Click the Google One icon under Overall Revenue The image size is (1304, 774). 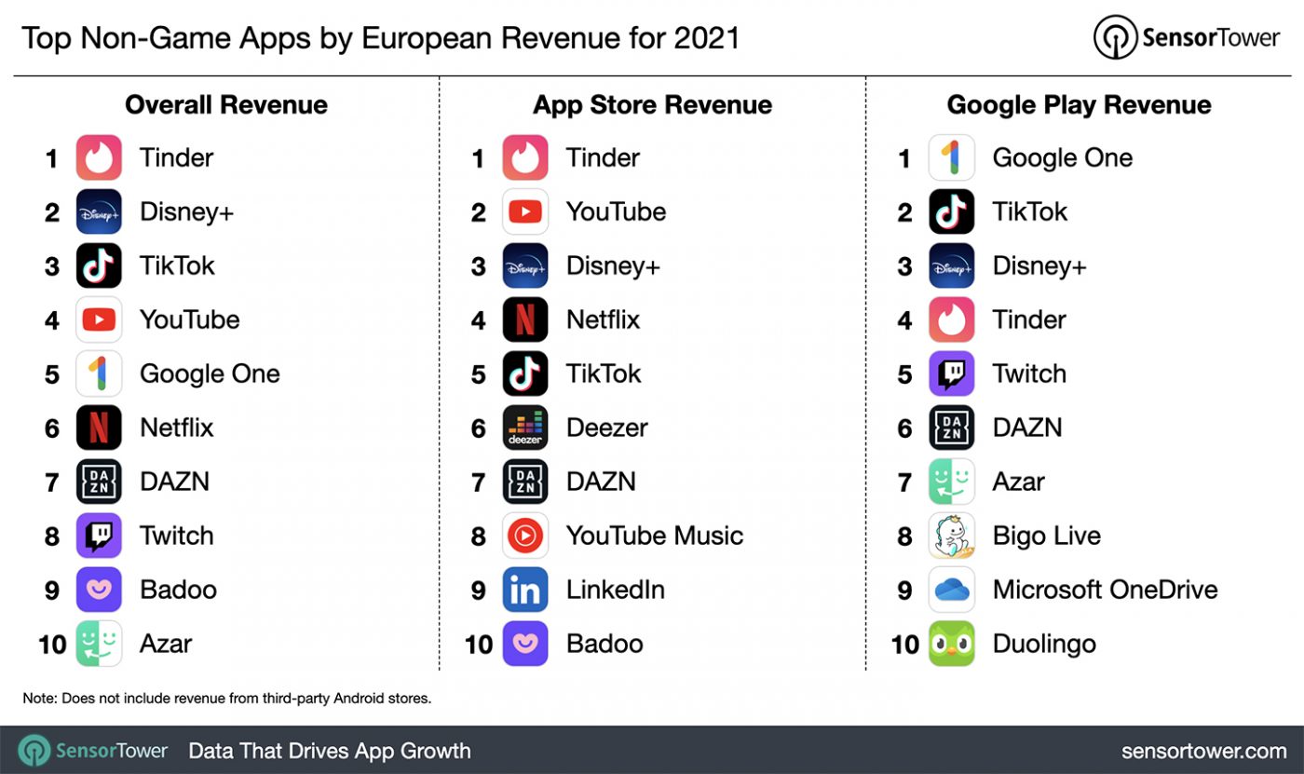[x=99, y=373]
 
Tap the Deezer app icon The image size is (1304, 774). [x=525, y=428]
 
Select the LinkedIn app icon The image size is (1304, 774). [x=525, y=590]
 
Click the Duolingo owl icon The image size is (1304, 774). [x=952, y=644]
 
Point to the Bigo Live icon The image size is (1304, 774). [x=952, y=536]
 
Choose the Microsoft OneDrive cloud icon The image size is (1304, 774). [x=952, y=590]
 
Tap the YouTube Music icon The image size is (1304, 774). [x=525, y=536]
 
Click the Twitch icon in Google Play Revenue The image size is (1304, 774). [x=952, y=373]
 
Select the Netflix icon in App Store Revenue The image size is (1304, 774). [x=525, y=319]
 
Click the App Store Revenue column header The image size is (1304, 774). [x=652, y=105]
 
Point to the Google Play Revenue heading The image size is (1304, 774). [x=1079, y=105]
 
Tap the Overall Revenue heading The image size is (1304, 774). [x=226, y=105]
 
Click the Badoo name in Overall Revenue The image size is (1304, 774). [x=178, y=590]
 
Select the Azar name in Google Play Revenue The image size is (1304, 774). [x=1018, y=482]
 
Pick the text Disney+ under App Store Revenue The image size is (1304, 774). [x=613, y=265]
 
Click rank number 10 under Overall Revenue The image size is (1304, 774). [x=52, y=644]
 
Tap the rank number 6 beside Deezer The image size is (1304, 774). [x=479, y=428]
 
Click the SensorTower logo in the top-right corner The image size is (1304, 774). [x=1188, y=37]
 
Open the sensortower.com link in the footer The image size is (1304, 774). [x=1203, y=751]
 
